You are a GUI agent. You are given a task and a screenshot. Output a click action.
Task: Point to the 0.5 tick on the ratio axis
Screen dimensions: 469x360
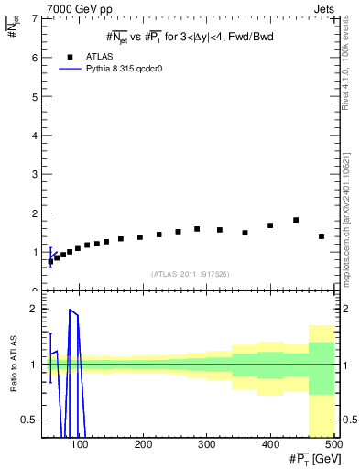coord(30,420)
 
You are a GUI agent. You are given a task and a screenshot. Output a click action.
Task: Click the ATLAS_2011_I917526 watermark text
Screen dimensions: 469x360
coord(191,274)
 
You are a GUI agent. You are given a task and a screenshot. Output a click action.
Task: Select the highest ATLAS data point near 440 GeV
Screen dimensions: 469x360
coord(296,220)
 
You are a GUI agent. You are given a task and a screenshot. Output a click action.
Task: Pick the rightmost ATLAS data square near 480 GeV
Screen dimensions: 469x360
coord(322,236)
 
